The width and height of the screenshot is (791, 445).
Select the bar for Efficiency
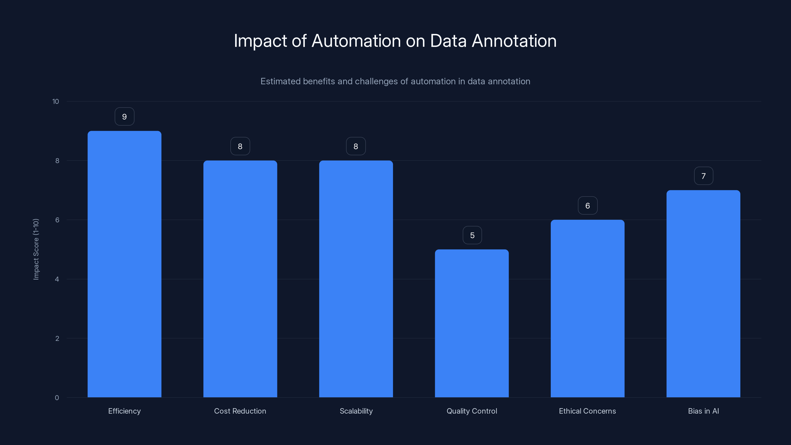tap(124, 264)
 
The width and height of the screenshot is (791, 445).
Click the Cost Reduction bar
tap(240, 279)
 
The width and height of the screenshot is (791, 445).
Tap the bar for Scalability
tap(356, 279)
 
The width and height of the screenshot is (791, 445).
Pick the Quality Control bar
tap(472, 323)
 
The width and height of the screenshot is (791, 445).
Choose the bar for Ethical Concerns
tap(587, 309)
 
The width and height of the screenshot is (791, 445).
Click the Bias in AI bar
tap(703, 294)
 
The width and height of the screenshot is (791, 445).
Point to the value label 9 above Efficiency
tap(124, 117)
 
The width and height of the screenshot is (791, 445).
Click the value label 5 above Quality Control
tap(472, 235)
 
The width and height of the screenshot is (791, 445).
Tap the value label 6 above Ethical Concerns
tap(587, 206)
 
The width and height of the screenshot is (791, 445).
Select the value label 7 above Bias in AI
tap(703, 176)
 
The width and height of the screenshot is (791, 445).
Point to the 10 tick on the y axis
tap(56, 102)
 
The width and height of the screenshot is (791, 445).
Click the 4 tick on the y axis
tap(57, 279)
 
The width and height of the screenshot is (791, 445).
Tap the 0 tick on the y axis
tap(57, 398)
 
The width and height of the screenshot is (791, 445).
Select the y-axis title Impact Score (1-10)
tap(36, 249)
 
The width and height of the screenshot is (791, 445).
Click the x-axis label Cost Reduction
tap(240, 411)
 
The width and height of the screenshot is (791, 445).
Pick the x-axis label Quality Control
tap(472, 411)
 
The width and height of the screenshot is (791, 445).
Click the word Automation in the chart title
tap(356, 41)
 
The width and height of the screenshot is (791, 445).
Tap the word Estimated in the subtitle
tap(280, 81)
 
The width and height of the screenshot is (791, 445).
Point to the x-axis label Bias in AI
tap(703, 411)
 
